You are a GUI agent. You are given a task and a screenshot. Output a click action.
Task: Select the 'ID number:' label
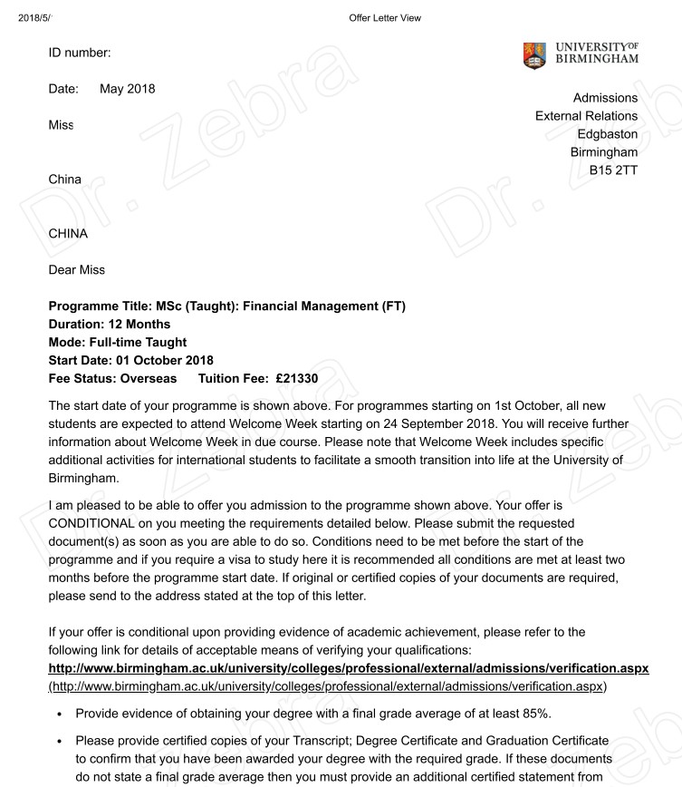pos(79,53)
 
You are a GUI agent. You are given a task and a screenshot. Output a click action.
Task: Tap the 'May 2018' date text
pos(128,89)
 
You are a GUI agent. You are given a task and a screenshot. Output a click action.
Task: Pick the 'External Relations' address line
pos(586,115)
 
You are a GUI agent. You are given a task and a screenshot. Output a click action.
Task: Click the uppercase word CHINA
pos(68,234)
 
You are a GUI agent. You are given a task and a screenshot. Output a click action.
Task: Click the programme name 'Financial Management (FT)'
pos(324,306)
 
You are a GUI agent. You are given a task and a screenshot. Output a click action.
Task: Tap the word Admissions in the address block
pos(605,97)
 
